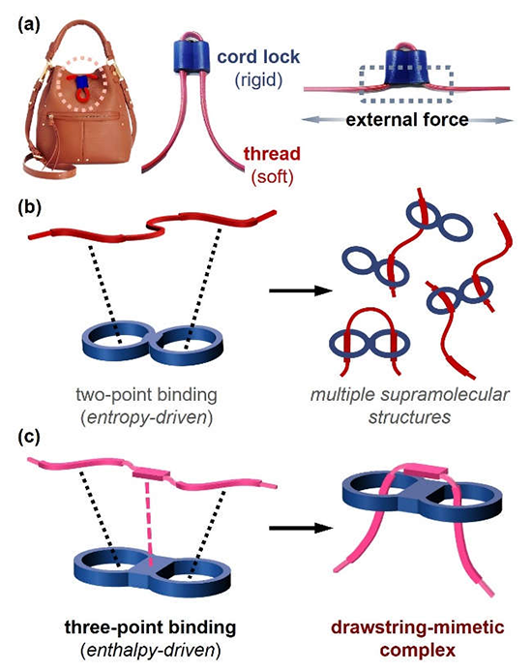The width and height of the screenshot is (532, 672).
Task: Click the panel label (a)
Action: (29, 25)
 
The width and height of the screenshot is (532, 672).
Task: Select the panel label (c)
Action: (29, 437)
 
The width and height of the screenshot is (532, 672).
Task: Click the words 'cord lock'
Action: (258, 56)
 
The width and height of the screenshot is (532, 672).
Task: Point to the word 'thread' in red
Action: (272, 154)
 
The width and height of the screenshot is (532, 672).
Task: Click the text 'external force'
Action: (407, 119)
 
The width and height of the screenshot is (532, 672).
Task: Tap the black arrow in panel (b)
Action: (301, 290)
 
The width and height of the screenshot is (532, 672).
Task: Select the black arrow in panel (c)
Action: (301, 528)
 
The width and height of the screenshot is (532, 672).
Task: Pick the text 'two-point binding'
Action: (146, 395)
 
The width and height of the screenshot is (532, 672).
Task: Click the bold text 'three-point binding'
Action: (150, 627)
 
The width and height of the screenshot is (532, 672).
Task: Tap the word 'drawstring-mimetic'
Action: (418, 627)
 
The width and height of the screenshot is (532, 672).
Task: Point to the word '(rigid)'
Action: (258, 79)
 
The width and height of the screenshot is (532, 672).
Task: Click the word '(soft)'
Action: (272, 176)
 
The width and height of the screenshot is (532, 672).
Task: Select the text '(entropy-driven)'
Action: (146, 417)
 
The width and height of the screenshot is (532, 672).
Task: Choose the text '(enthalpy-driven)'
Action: (150, 651)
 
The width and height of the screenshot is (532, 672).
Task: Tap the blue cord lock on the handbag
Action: (81, 81)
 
